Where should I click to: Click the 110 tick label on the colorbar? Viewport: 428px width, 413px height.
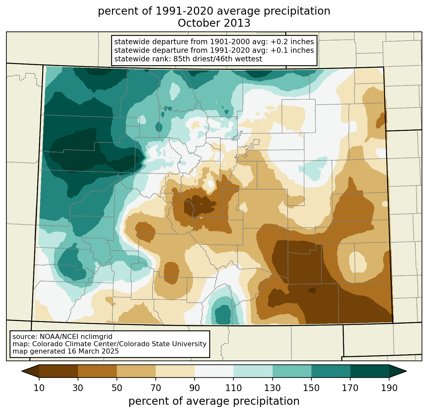point(233,388)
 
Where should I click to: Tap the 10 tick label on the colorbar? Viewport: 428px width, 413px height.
point(39,388)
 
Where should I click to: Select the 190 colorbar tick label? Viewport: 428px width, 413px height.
point(389,388)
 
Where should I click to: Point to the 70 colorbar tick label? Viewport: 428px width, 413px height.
point(156,388)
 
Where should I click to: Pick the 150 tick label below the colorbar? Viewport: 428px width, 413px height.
point(311,388)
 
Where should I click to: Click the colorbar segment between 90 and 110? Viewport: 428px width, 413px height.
point(214,371)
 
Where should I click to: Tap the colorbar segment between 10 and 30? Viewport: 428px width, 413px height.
point(59,371)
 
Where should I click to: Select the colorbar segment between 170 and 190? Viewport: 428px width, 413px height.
point(369,371)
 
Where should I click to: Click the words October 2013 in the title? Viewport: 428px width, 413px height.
point(214,23)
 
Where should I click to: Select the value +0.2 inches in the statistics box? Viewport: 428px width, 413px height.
point(292,42)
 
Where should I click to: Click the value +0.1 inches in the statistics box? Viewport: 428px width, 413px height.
point(292,50)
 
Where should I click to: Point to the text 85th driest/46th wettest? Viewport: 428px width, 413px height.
point(218,59)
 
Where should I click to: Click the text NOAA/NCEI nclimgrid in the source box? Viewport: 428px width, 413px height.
point(76,337)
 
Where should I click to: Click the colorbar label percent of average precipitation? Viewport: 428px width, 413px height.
point(214,401)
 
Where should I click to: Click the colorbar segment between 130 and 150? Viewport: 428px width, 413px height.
point(292,371)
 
